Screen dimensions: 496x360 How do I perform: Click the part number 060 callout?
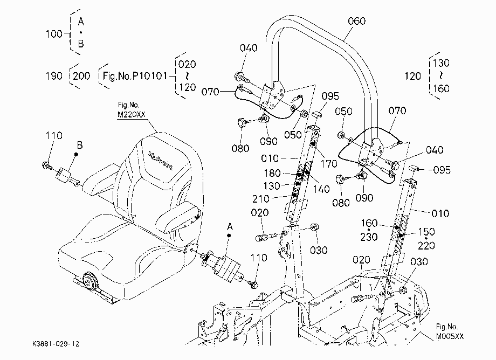tap(356, 21)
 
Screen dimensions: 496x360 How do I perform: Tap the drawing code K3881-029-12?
tap(56, 344)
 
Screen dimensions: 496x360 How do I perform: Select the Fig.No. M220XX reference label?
tap(131, 110)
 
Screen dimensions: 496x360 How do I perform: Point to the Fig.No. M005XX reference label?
tap(450, 331)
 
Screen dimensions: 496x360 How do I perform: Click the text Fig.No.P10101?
tap(135, 76)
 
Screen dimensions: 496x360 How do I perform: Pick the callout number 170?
tap(329, 164)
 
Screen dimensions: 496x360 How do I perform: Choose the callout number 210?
tap(260, 199)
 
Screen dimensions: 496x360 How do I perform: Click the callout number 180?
tap(272, 173)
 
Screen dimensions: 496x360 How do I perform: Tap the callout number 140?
tap(321, 189)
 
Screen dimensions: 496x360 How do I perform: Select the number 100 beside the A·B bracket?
tap(54, 34)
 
